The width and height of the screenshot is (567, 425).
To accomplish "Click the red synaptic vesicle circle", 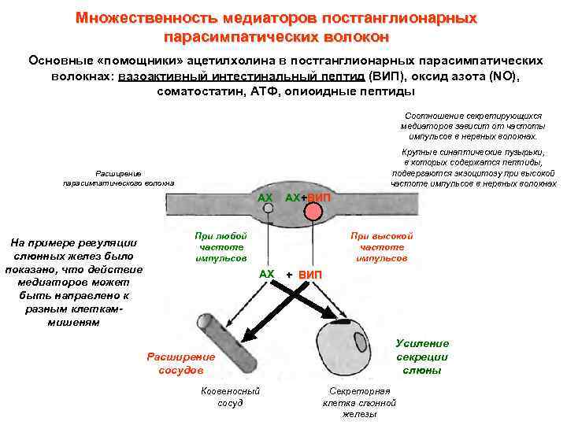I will pyautogui.click(x=313, y=211).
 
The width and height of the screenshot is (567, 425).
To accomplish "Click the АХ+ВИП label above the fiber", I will pyautogui.click(x=308, y=197).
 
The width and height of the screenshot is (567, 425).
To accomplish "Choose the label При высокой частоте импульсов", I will pyautogui.click(x=382, y=246).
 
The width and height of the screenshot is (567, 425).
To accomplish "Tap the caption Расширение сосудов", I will pyautogui.click(x=175, y=363).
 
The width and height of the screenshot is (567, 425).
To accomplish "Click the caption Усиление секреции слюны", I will pyautogui.click(x=422, y=357).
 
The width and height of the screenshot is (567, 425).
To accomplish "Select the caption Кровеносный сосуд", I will pyautogui.click(x=230, y=397).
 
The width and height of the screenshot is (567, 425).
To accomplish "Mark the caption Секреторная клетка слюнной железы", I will pyautogui.click(x=359, y=402).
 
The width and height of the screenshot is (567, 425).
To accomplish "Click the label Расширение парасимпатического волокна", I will pyautogui.click(x=119, y=178).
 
